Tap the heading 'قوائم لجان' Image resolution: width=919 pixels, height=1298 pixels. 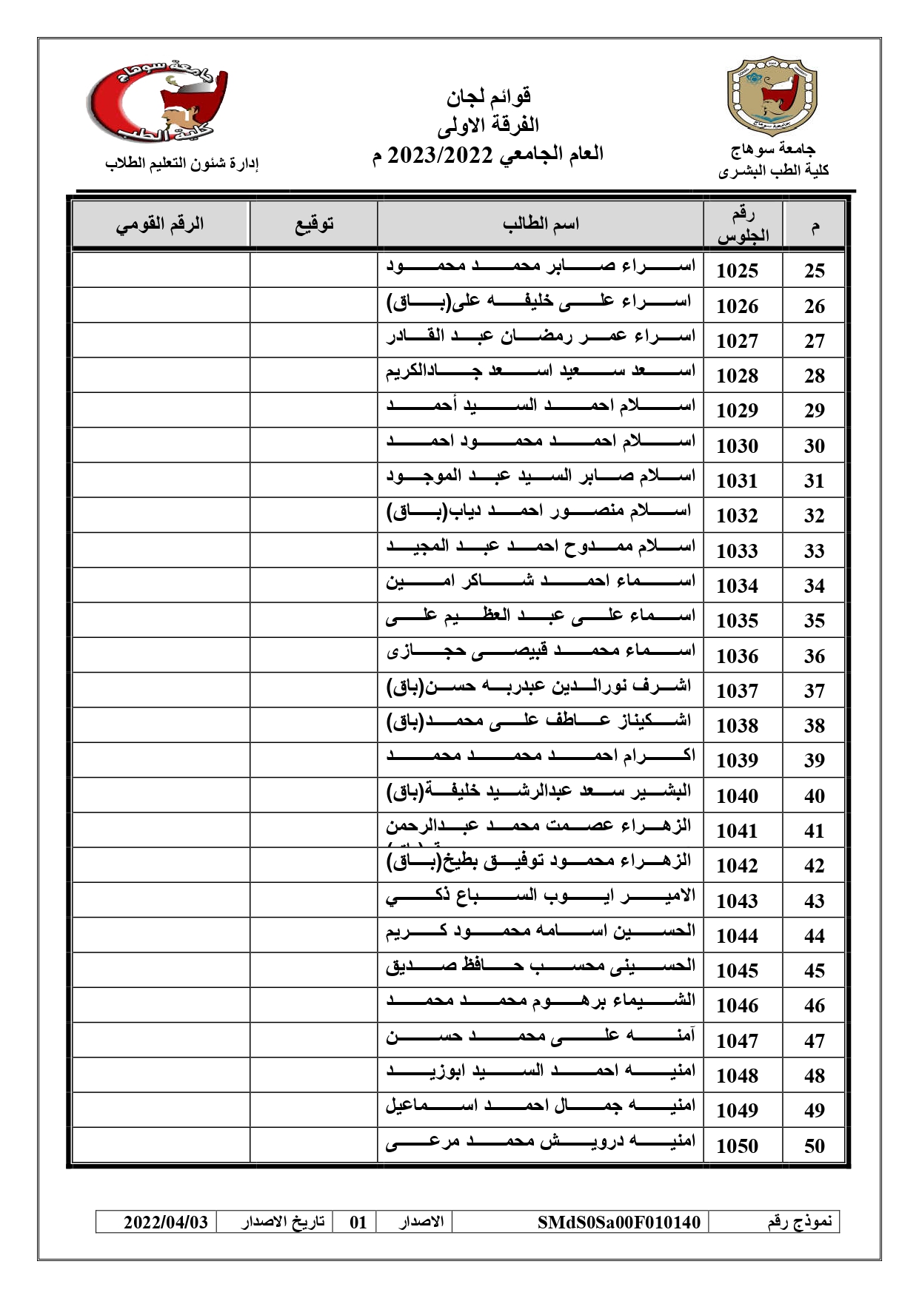[489, 96]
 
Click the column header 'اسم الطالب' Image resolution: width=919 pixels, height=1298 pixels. [540, 223]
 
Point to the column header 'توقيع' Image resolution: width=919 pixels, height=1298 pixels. [314, 223]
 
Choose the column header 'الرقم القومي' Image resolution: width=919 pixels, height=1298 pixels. [160, 223]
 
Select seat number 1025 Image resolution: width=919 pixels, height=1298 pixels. [738, 271]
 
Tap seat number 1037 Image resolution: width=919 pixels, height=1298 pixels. [738, 691]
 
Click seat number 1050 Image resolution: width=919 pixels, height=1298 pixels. [738, 1146]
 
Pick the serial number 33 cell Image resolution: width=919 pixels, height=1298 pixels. [814, 551]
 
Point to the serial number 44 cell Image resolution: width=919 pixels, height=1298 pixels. [814, 936]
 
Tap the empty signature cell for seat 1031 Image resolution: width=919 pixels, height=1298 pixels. [314, 480]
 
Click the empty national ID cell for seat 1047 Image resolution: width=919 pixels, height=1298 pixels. [161, 1040]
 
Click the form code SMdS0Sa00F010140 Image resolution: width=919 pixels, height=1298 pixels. [618, 1222]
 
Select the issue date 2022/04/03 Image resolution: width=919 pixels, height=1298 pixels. [166, 1222]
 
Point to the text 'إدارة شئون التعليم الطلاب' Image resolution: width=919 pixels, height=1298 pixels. [181, 164]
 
